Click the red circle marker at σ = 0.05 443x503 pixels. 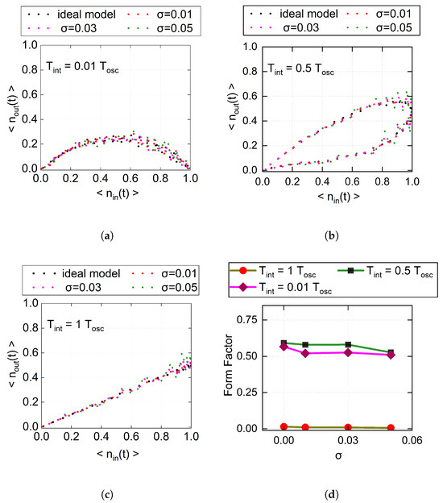pyautogui.click(x=391, y=427)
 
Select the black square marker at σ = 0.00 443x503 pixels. pyautogui.click(x=284, y=343)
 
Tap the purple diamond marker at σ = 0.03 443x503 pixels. pyautogui.click(x=348, y=352)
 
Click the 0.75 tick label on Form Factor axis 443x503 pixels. pyautogui.click(x=246, y=320)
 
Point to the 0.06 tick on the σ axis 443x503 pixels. pyautogui.click(x=412, y=440)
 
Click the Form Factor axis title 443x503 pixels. pyautogui.click(x=228, y=364)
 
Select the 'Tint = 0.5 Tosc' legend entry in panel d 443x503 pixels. pyautogui.click(x=385, y=272)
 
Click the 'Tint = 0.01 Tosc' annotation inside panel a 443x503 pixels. pyautogui.click(x=82, y=68)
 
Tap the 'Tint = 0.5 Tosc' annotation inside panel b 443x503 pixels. pyautogui.click(x=300, y=69)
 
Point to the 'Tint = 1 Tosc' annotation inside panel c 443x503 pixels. pyautogui.click(x=76, y=326)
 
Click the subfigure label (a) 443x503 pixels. pyautogui.click(x=107, y=236)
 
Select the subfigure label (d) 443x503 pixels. pyautogui.click(x=332, y=495)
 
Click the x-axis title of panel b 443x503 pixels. pyautogui.click(x=338, y=197)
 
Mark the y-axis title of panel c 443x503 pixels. pyautogui.click(x=12, y=364)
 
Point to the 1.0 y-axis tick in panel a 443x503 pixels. pyautogui.click(x=30, y=45)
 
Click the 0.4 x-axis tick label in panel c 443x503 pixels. pyautogui.click(x=101, y=437)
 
